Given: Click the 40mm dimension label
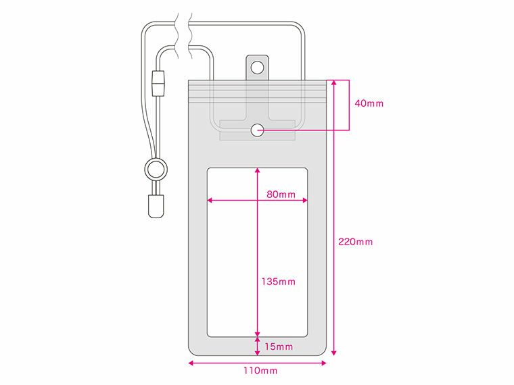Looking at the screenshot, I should pyautogui.click(x=369, y=104).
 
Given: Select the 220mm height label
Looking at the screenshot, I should pyautogui.click(x=356, y=242).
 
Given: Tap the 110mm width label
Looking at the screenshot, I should pyautogui.click(x=260, y=371).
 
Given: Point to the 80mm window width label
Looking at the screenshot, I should pyautogui.click(x=281, y=195).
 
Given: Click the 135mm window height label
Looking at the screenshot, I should pyautogui.click(x=278, y=281).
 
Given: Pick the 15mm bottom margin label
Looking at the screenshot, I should pyautogui.click(x=278, y=346).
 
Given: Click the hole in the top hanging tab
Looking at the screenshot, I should pyautogui.click(x=257, y=68).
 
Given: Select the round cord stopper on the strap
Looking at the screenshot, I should pyautogui.click(x=155, y=168).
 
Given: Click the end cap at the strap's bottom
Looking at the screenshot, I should pyautogui.click(x=155, y=206).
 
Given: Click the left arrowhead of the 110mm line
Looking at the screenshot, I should pyautogui.click(x=191, y=363).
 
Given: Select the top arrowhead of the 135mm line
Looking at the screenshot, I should pyautogui.click(x=257, y=171).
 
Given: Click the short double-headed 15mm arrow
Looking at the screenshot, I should pyautogui.click(x=257, y=346).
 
